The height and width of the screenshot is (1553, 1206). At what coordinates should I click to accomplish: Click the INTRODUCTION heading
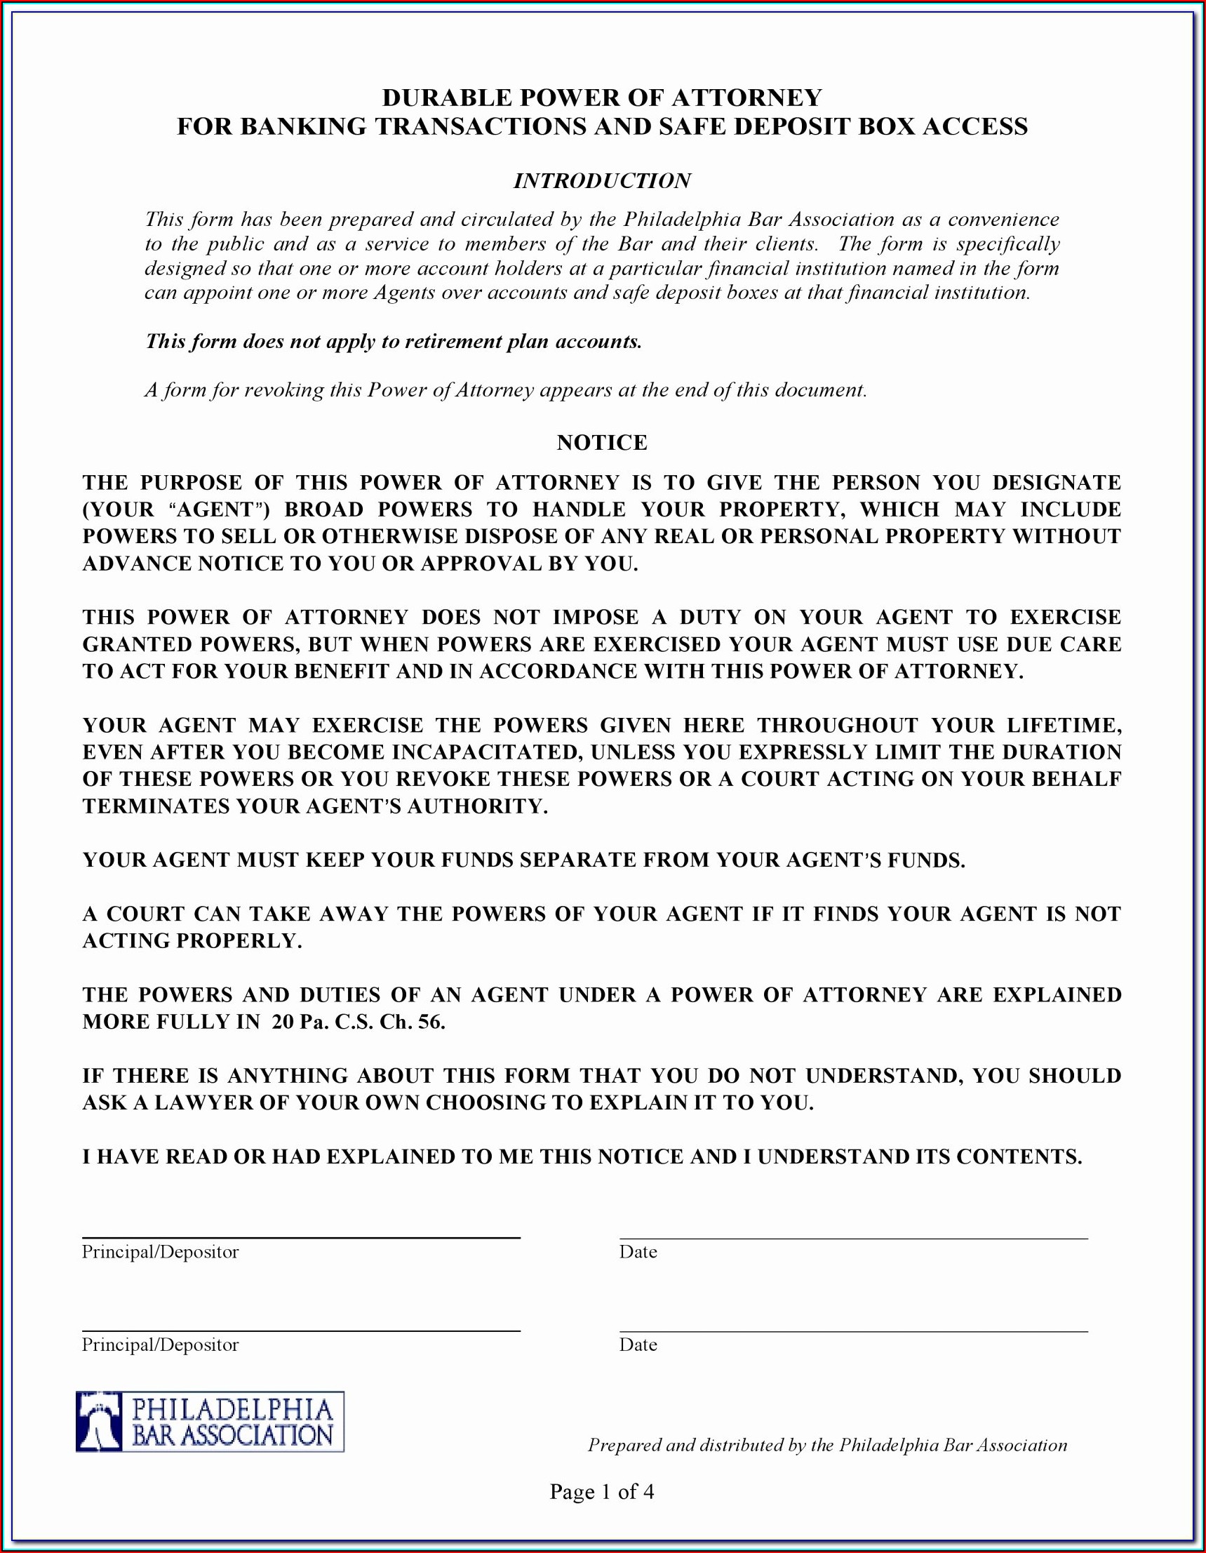(x=602, y=180)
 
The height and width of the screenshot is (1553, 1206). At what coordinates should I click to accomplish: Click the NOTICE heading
(x=602, y=442)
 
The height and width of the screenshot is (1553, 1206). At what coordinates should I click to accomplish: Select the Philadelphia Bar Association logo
(x=210, y=1422)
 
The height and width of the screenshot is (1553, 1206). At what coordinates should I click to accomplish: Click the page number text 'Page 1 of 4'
(x=601, y=1491)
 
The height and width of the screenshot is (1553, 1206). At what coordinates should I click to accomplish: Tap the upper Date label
(x=638, y=1252)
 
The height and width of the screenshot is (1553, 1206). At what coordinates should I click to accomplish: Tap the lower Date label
(x=638, y=1345)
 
